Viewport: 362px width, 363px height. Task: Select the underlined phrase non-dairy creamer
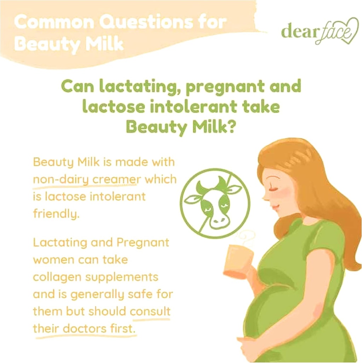85,179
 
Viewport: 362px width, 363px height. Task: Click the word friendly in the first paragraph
54,214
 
